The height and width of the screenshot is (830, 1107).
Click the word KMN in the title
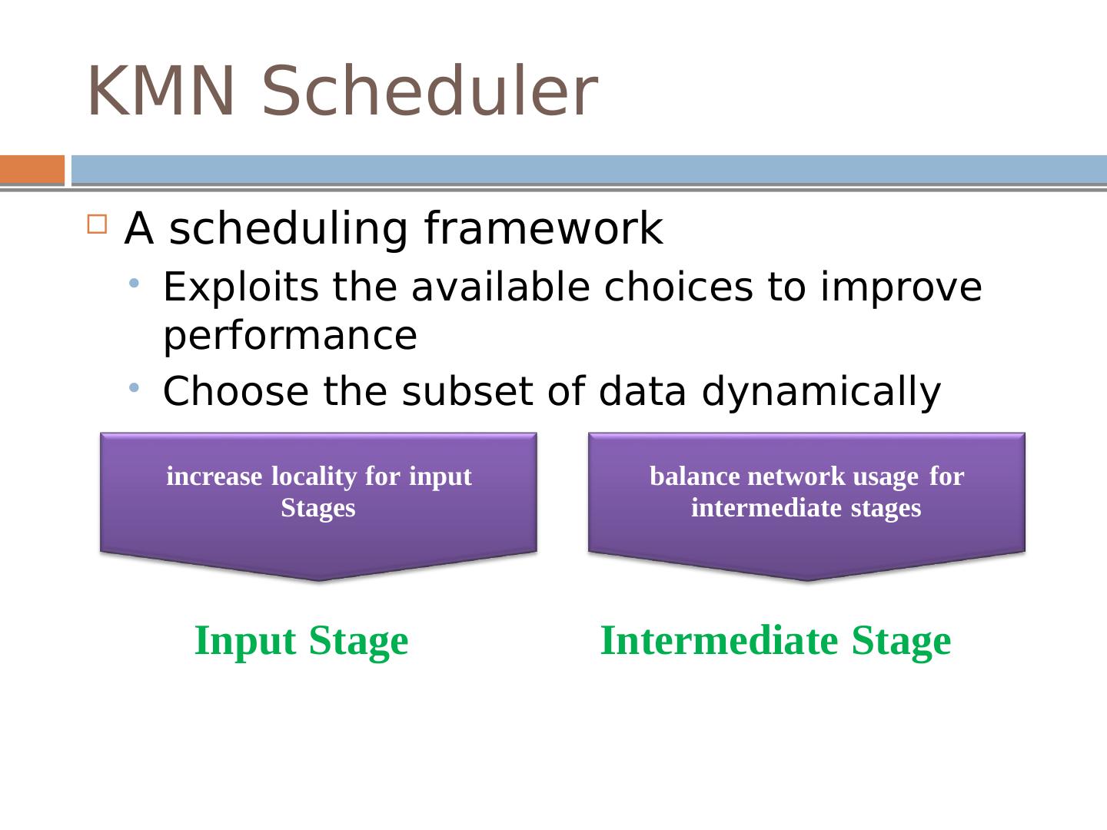tap(161, 91)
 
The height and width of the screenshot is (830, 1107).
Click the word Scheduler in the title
tap(430, 91)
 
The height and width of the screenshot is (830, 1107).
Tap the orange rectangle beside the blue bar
tap(32, 169)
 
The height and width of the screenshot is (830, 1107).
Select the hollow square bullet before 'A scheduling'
tap(97, 224)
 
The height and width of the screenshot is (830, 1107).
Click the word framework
tap(544, 228)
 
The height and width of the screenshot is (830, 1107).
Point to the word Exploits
tap(241, 287)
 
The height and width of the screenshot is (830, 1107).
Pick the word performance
tap(290, 337)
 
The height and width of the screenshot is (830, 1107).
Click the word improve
tap(901, 288)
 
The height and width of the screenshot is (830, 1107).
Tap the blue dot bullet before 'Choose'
tap(134, 387)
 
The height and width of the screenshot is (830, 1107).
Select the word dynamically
tap(821, 392)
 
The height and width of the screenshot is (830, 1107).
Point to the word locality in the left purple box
tap(314, 476)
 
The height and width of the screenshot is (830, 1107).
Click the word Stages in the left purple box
tap(318, 508)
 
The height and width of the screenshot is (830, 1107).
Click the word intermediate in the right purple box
tap(766, 507)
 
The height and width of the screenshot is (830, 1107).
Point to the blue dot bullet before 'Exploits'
tap(134, 284)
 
